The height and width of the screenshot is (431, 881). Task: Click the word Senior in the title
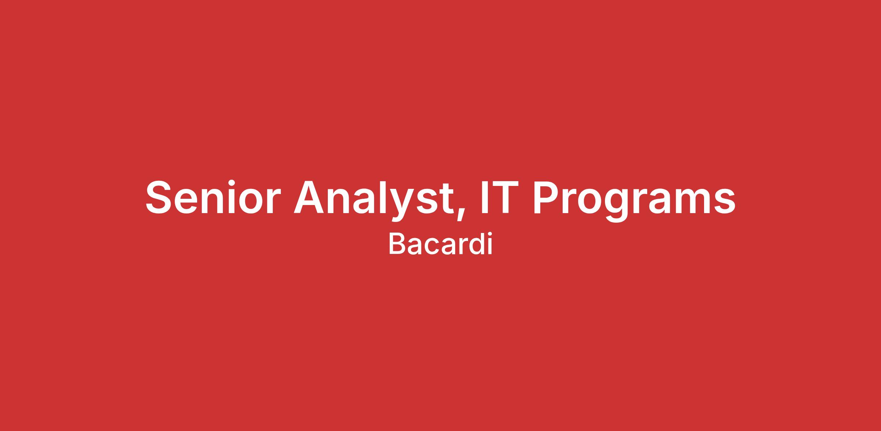tap(213, 197)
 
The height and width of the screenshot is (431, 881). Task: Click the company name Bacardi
tap(440, 244)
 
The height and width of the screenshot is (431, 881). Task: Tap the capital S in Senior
tap(159, 197)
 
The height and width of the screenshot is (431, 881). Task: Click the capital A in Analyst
tap(309, 197)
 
